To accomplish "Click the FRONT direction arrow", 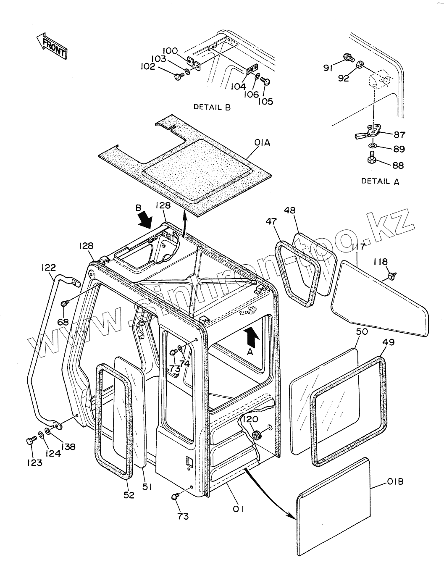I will click(x=52, y=46).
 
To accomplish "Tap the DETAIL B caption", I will click(x=212, y=107).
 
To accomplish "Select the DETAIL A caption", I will click(x=380, y=181).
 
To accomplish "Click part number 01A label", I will click(x=262, y=143).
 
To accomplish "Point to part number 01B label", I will click(x=394, y=482).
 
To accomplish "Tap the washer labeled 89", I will click(x=373, y=146).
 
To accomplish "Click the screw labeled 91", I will click(x=347, y=58).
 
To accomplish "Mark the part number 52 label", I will click(x=129, y=495).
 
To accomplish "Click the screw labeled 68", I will click(x=64, y=303).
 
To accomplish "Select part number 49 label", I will click(x=389, y=342).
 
